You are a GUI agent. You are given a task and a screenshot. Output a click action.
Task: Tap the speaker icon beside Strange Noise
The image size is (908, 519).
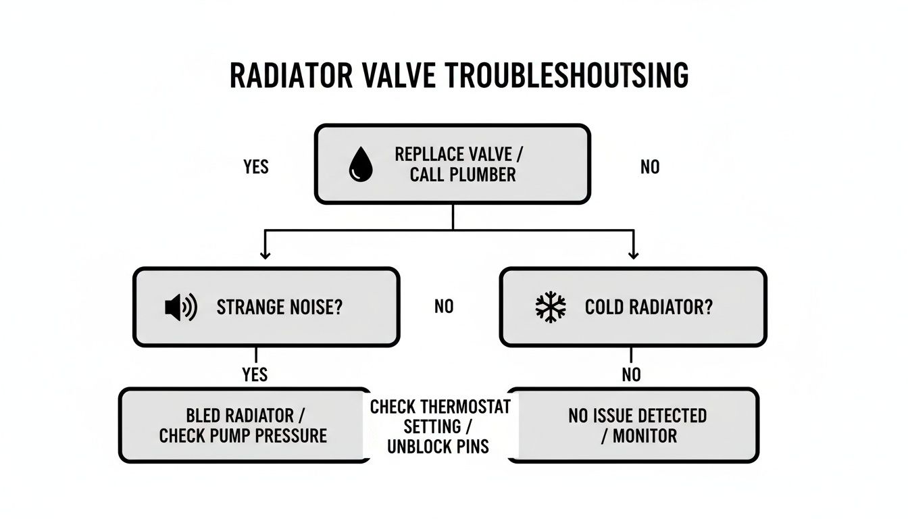coord(180,307)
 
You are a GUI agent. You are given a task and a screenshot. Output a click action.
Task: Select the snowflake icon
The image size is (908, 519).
coord(551,307)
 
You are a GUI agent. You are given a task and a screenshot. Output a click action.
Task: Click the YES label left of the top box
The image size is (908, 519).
coord(256,166)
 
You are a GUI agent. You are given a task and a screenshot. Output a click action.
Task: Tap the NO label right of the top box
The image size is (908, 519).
coord(650,166)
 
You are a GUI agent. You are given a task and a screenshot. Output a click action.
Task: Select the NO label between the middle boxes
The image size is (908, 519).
coord(444,307)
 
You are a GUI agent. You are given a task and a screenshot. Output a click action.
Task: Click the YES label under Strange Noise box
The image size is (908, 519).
coord(255,374)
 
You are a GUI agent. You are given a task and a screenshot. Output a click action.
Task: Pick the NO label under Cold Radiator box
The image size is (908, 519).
coord(632,374)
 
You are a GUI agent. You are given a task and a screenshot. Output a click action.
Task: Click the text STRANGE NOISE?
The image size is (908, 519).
coord(280,307)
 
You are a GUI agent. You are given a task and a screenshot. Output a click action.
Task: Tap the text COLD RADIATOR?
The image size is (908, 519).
coord(649,307)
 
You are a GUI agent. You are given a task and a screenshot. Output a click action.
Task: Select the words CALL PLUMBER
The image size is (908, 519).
coord(463,175)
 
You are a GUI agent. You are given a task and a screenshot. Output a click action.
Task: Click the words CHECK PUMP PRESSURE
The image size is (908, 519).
coord(243,436)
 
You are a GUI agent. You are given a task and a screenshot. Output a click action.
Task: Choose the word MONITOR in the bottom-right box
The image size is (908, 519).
coord(645,436)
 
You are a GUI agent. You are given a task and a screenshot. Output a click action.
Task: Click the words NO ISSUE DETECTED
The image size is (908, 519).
coord(638,415)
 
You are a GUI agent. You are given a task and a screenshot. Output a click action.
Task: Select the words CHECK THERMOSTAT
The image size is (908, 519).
coord(440,407)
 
